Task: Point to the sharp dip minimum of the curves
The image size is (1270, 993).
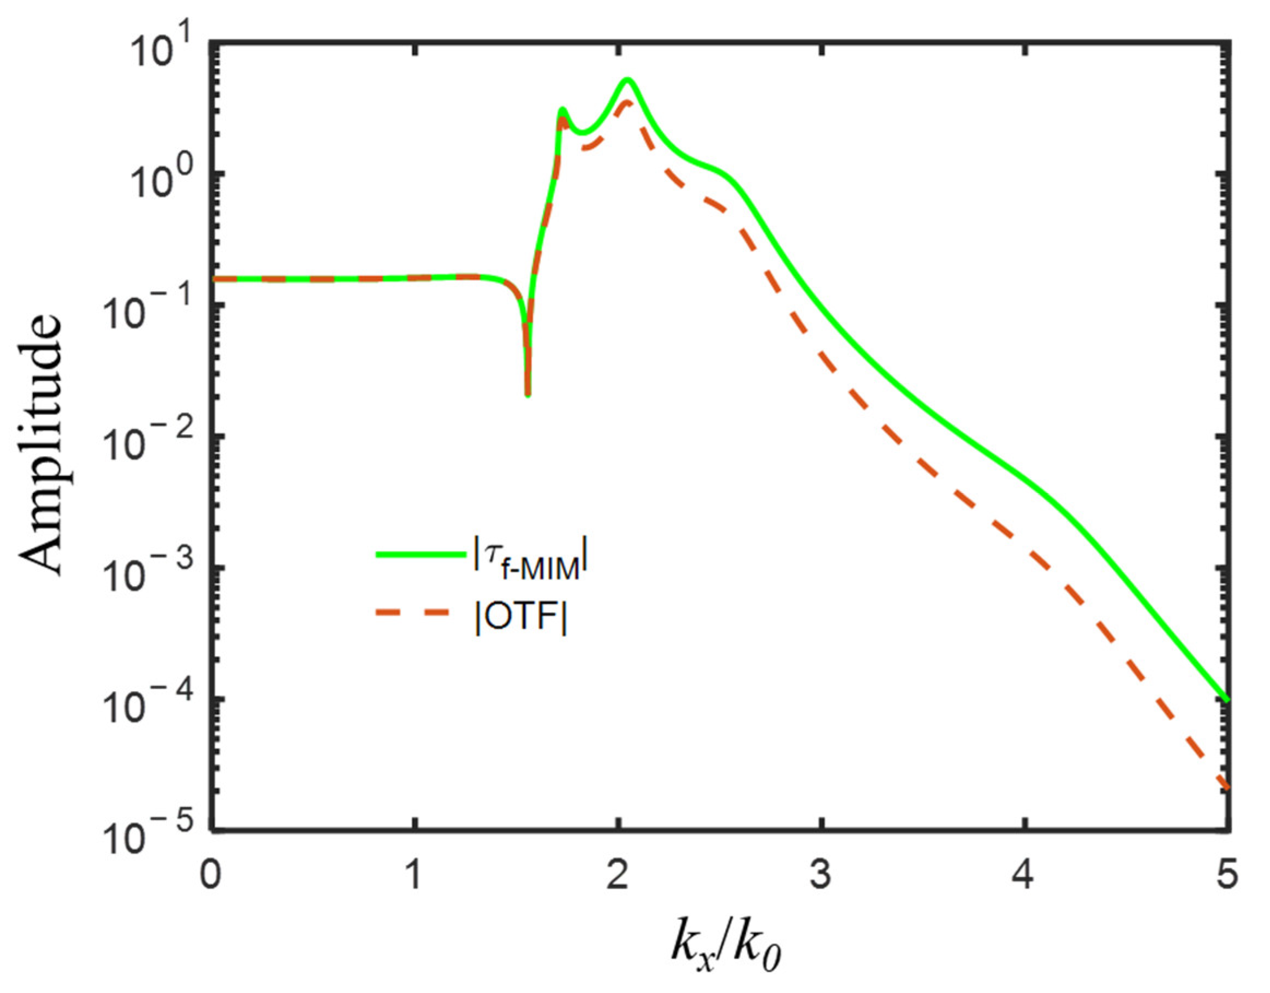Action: coord(527,395)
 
